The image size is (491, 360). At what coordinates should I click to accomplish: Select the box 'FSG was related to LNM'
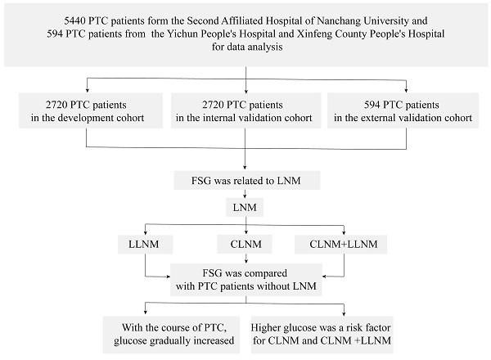coord(246,178)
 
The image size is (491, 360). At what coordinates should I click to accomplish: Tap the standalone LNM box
coord(246,208)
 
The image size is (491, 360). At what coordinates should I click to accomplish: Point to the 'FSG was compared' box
coord(246,278)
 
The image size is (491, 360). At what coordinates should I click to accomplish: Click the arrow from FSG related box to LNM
coord(246,195)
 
